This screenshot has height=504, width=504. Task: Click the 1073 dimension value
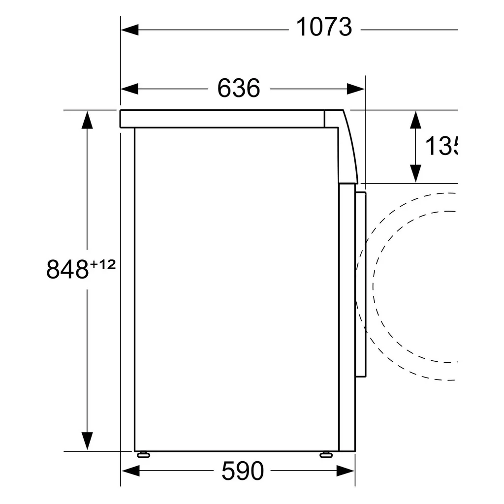pyautogui.click(x=324, y=28)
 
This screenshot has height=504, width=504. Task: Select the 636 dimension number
pyautogui.click(x=239, y=89)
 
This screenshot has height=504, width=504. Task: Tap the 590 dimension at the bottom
pyautogui.click(x=243, y=472)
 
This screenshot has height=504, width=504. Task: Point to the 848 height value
pyautogui.click(x=67, y=269)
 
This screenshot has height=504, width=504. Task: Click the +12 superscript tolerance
pyautogui.click(x=102, y=265)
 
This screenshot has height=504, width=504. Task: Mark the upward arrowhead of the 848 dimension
pyautogui.click(x=87, y=120)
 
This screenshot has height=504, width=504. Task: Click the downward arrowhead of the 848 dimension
pyautogui.click(x=87, y=441)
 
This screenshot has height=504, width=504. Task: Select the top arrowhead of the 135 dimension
pyautogui.click(x=416, y=120)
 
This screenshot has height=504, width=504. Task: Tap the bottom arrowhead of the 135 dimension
pyautogui.click(x=416, y=173)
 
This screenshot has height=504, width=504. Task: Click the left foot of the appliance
pyautogui.click(x=144, y=455)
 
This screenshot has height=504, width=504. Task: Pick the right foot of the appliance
pyautogui.click(x=326, y=455)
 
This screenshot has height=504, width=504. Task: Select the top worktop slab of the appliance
pyautogui.click(x=221, y=119)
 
